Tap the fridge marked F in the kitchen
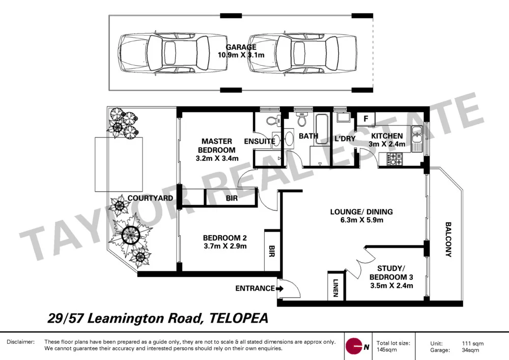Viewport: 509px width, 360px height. click(365, 119)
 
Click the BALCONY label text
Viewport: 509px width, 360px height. click(448, 239)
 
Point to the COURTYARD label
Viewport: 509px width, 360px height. click(151, 198)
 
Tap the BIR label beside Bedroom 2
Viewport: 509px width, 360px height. click(271, 252)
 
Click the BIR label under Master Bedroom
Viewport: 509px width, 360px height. click(231, 198)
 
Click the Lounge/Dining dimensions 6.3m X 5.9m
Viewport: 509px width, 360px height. click(361, 220)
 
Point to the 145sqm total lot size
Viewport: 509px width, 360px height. click(386, 350)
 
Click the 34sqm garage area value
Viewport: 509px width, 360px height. click(470, 350)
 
